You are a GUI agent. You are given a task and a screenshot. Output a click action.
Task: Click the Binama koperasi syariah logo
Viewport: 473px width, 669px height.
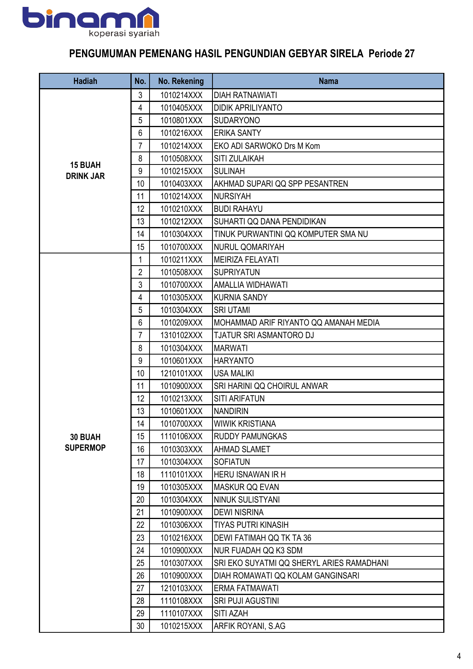(x=91, y=22)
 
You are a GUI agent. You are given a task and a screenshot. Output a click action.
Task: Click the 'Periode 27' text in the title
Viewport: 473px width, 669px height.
(x=391, y=53)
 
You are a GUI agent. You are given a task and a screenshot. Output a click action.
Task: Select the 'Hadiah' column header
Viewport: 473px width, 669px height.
(x=85, y=81)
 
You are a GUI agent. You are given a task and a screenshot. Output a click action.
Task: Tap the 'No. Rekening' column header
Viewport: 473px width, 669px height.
(x=181, y=81)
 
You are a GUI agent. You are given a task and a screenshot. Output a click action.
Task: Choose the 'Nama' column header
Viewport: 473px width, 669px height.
(x=328, y=81)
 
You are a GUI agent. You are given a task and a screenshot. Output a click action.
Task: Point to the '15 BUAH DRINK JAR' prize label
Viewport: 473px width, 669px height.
(x=85, y=171)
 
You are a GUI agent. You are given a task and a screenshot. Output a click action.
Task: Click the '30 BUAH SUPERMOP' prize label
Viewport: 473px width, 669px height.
(x=85, y=443)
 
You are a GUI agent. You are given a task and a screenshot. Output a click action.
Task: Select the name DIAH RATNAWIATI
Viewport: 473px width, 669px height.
(x=245, y=95)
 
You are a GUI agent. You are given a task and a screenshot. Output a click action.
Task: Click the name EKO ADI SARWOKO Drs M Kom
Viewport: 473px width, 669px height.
(x=267, y=146)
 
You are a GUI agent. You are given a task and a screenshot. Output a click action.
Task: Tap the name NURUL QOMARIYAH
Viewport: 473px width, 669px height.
(x=249, y=247)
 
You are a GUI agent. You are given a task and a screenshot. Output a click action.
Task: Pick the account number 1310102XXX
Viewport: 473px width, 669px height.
(x=181, y=335)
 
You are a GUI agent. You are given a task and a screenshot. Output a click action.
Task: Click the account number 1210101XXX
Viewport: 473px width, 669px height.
(x=181, y=373)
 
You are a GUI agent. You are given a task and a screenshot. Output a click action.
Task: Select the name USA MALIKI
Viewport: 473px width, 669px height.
(x=234, y=373)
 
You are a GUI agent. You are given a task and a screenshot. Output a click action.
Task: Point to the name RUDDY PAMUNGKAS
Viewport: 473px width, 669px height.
(x=250, y=436)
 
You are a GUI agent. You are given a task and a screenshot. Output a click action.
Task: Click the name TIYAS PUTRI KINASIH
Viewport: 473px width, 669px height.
(x=251, y=525)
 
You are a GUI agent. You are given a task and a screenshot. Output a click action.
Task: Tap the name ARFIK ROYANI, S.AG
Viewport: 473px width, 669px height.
(x=249, y=626)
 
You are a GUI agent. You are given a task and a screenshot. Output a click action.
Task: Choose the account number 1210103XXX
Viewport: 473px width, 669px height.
(x=181, y=588)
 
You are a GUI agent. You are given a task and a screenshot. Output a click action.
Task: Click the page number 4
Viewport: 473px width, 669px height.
(x=459, y=656)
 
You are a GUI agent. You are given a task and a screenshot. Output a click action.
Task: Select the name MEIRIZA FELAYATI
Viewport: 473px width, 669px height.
(x=246, y=260)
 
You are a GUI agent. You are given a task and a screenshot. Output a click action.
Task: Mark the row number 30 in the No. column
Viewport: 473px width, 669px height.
(x=140, y=626)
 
